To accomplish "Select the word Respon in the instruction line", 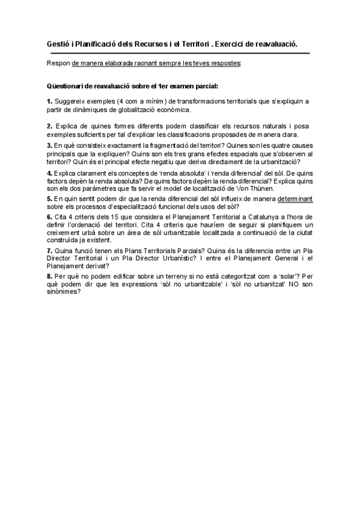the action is pyautogui.click(x=58, y=63).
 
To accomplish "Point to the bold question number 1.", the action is pyautogui.click(x=49, y=101).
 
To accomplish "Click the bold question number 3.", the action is pyautogui.click(x=49, y=146).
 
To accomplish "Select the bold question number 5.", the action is pyautogui.click(x=49, y=198).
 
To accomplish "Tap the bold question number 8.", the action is pyautogui.click(x=49, y=277).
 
